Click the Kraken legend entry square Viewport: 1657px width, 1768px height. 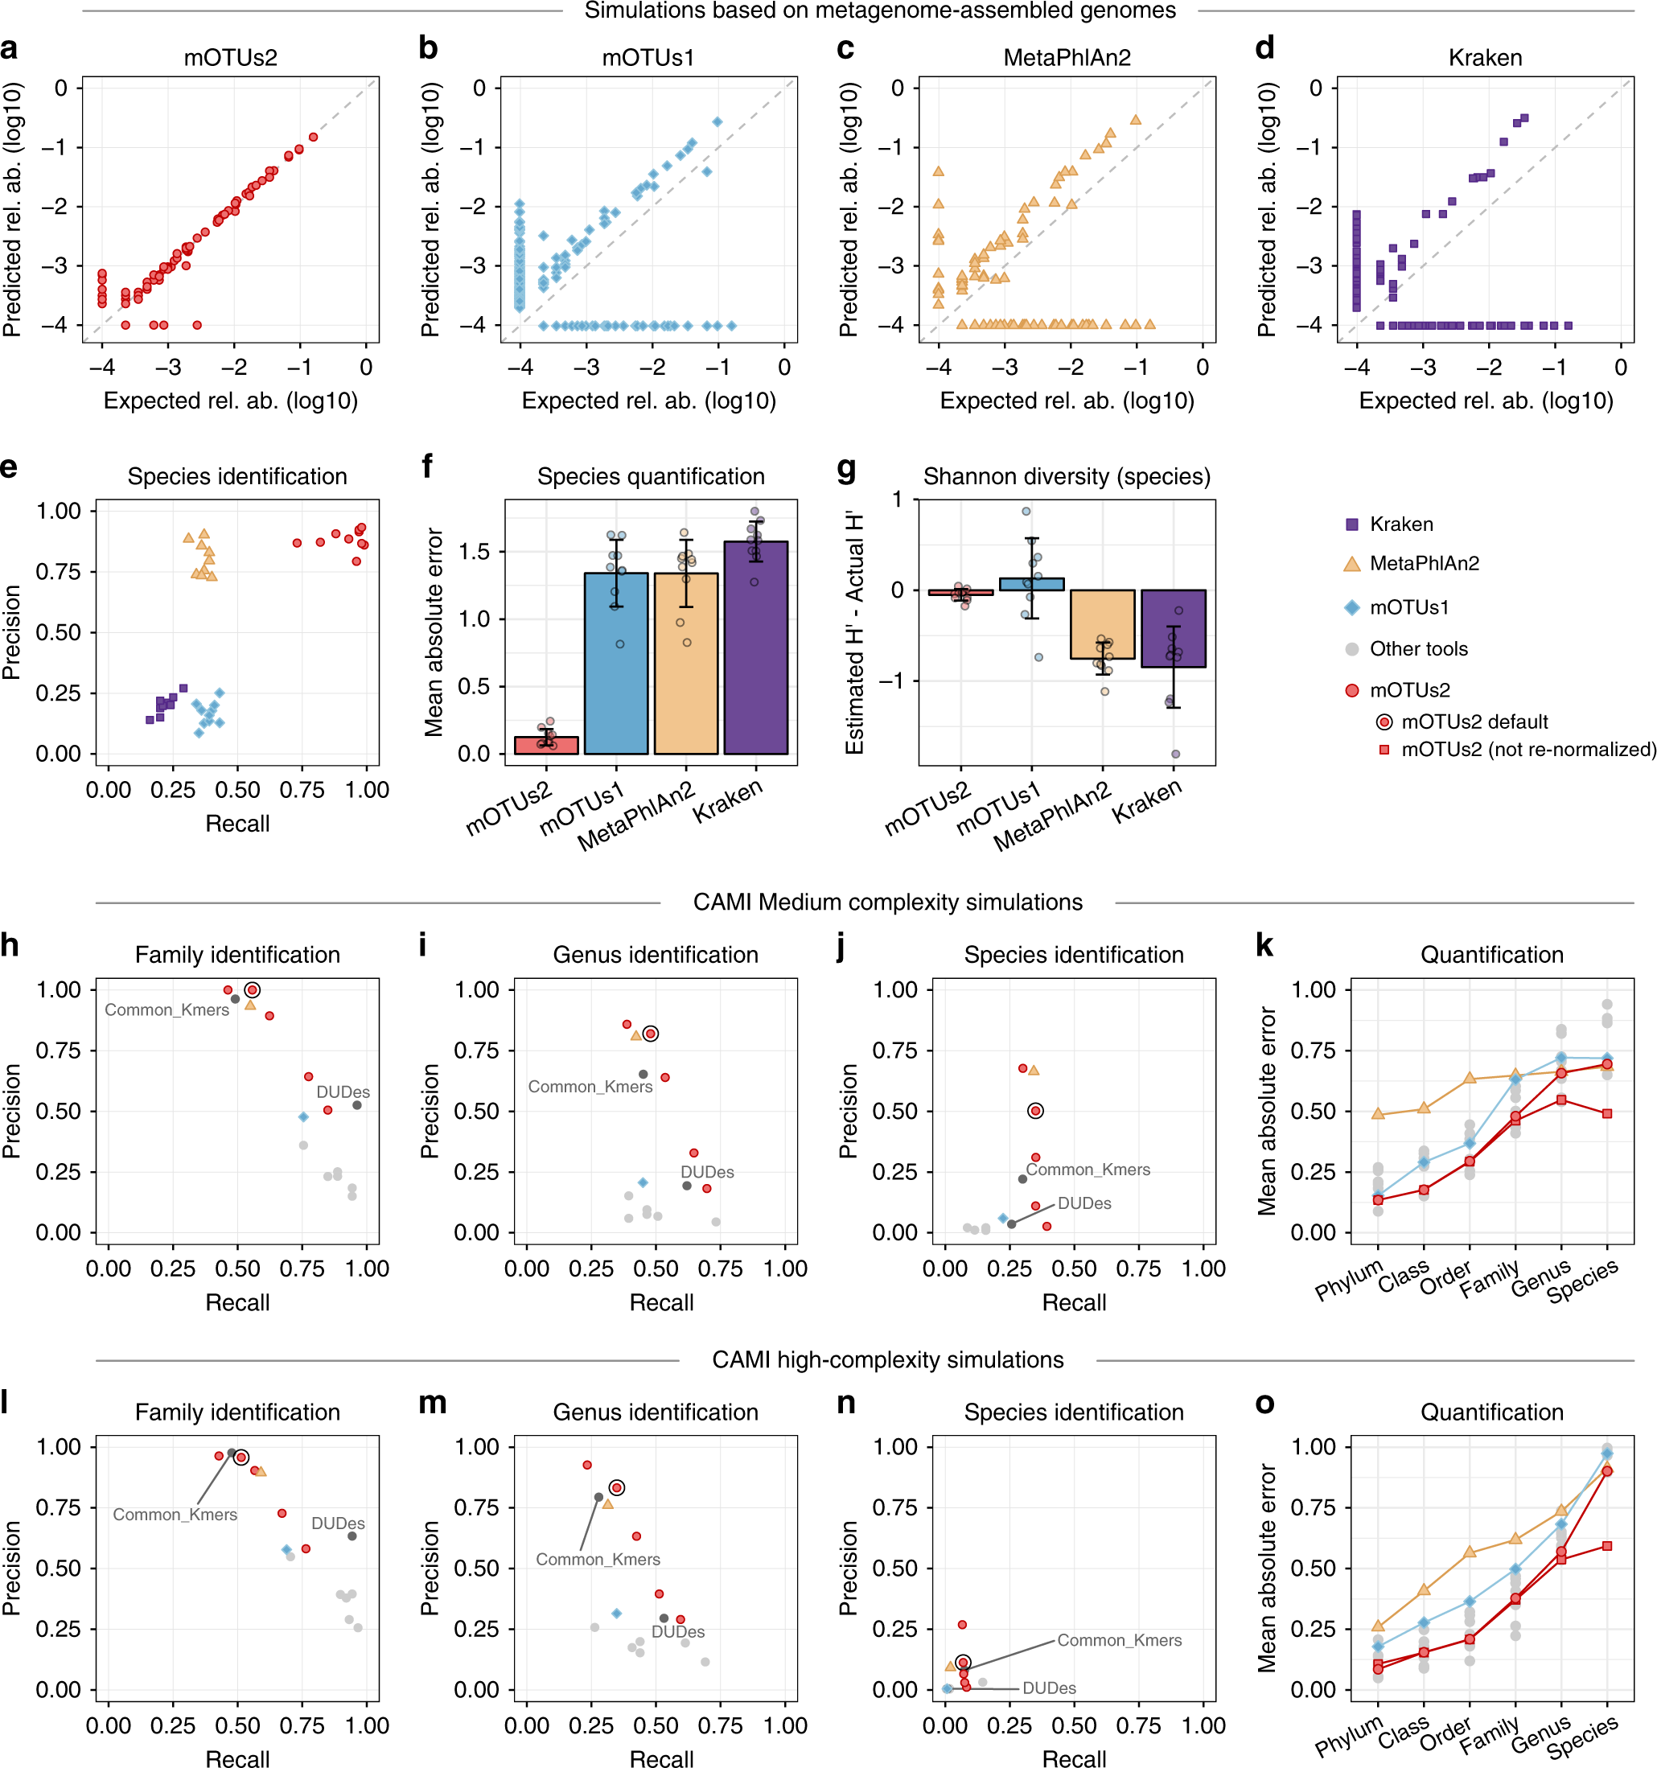tap(1352, 524)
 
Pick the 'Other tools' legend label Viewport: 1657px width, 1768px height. tap(1418, 648)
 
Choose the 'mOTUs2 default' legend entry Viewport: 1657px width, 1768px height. tap(1474, 722)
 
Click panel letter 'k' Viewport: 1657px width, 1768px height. tap(1264, 946)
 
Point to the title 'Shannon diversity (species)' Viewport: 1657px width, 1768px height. tap(1067, 477)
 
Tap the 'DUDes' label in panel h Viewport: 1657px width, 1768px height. tap(343, 1092)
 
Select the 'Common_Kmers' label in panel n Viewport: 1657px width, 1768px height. tap(1119, 1640)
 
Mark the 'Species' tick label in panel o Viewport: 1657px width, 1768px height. tap(1582, 1736)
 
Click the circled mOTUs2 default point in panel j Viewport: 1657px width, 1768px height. tap(1035, 1111)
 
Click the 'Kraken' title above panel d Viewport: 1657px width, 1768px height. tap(1484, 58)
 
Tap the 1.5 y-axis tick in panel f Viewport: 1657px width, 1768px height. tap(473, 551)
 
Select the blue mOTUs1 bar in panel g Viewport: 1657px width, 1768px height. tap(1031, 584)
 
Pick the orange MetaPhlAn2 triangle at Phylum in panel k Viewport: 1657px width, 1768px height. tap(1378, 1113)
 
